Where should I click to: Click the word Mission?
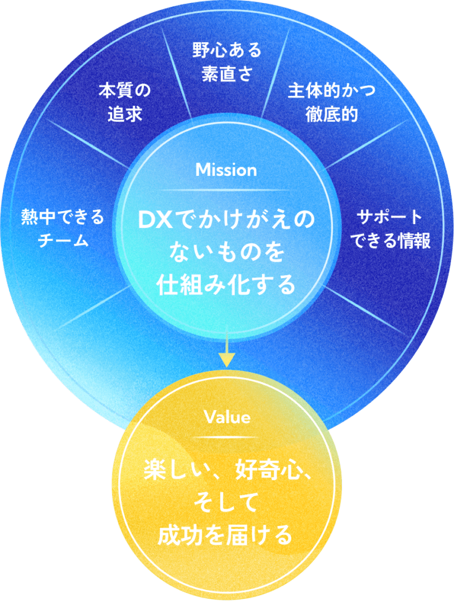point(226,170)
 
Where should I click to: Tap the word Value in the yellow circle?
point(227,417)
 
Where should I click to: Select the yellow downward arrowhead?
point(227,359)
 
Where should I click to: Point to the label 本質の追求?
point(125,102)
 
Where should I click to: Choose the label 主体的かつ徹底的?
point(331,102)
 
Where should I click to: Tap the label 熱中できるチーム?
point(63,229)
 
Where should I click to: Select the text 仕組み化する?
point(226,285)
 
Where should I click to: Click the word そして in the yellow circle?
point(227,503)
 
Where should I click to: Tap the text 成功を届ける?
point(227,535)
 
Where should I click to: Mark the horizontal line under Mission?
point(226,190)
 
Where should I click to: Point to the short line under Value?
point(227,437)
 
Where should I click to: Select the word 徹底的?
point(331,113)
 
